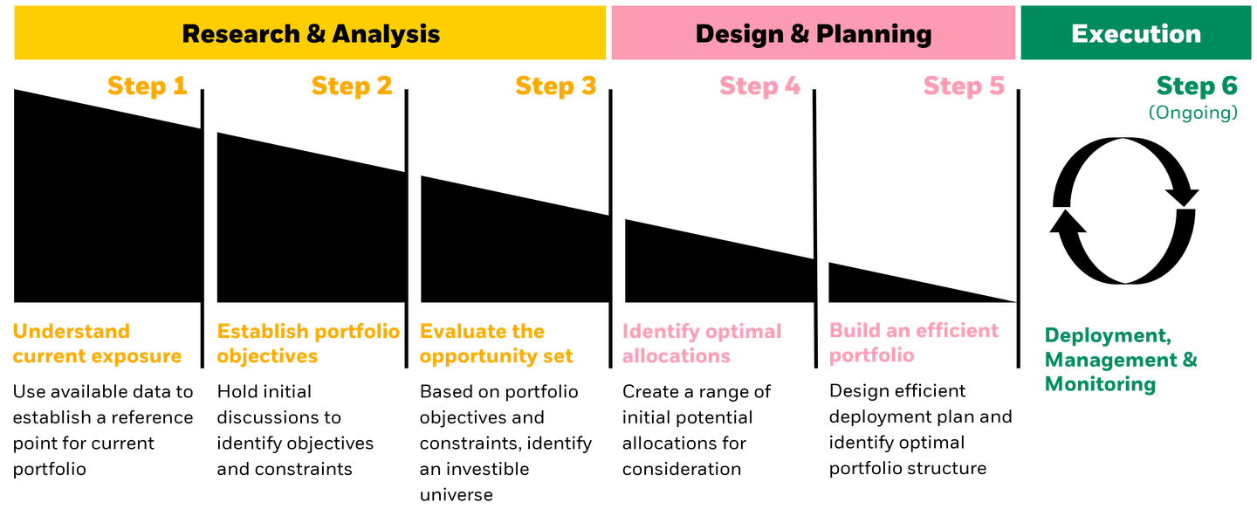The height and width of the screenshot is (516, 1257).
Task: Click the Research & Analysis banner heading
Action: pyautogui.click(x=311, y=34)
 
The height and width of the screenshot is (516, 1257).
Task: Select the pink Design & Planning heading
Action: pyautogui.click(x=813, y=34)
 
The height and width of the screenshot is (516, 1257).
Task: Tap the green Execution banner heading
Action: pyautogui.click(x=1136, y=34)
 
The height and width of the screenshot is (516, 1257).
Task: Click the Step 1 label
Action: pyautogui.click(x=148, y=86)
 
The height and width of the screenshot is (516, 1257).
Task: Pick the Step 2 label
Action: pyautogui.click(x=352, y=86)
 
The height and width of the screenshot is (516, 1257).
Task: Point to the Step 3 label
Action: pyautogui.click(x=556, y=86)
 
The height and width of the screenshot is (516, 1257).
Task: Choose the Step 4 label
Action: pyautogui.click(x=759, y=86)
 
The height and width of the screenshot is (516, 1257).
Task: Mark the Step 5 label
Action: pyautogui.click(x=964, y=86)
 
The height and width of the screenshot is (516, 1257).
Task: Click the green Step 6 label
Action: pyautogui.click(x=1197, y=86)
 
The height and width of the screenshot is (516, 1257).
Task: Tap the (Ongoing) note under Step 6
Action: pyautogui.click(x=1192, y=114)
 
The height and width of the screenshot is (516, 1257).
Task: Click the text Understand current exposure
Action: pyautogui.click(x=97, y=343)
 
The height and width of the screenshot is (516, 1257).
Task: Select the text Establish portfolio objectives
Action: pyautogui.click(x=308, y=343)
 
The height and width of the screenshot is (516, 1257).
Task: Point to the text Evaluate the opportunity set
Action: pyautogui.click(x=496, y=343)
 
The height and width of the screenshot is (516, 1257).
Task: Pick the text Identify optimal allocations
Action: pyautogui.click(x=702, y=343)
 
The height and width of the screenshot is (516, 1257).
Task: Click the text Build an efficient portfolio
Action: pyautogui.click(x=913, y=342)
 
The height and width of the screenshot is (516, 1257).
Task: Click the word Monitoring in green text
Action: pyautogui.click(x=1100, y=384)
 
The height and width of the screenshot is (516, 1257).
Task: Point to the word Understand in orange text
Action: pyautogui.click(x=71, y=331)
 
